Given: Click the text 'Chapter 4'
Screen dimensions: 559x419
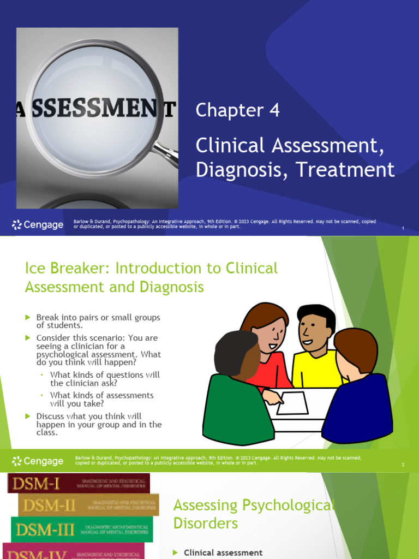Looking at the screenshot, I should pos(237,110).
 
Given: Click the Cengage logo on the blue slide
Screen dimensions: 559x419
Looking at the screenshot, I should pos(38,224).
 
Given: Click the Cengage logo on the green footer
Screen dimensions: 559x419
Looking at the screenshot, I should pos(38,461).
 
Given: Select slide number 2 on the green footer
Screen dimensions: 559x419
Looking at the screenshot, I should pos(403,465).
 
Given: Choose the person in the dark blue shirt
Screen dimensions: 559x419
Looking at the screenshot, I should pos(357,393).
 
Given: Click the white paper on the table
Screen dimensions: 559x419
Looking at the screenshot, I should pos(292,403).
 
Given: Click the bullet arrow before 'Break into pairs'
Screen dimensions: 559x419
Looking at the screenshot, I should pos(28,317).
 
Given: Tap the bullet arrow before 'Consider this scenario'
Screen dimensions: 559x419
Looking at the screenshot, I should pos(28,338).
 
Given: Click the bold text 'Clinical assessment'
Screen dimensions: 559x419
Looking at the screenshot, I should pos(223,552).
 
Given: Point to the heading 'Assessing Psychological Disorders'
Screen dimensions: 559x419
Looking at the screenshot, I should pos(251,514).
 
